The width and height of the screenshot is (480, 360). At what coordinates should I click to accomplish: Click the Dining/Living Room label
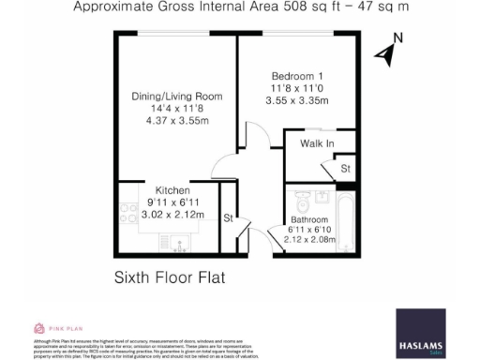[176, 94]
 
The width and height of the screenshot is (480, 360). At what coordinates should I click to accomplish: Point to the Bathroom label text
[309, 221]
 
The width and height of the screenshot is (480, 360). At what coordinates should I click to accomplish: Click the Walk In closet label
[317, 143]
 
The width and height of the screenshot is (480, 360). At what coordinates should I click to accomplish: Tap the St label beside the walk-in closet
[345, 169]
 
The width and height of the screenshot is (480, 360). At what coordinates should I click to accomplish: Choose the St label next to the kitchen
[227, 218]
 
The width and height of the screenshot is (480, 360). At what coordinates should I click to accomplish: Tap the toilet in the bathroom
[301, 201]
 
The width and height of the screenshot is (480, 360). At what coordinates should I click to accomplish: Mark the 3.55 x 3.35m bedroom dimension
[299, 100]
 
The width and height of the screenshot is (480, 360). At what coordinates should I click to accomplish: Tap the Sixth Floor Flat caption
[172, 277]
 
